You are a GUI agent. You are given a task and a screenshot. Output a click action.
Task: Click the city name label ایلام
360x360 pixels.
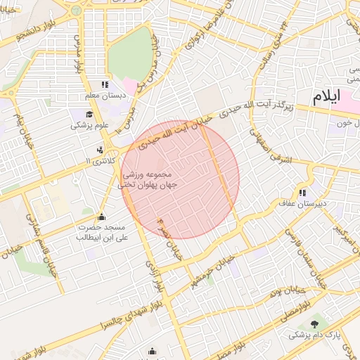(326, 95)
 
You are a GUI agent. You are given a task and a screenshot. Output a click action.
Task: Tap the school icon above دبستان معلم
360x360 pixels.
(105, 84)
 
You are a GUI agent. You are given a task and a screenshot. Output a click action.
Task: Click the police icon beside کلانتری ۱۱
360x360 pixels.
(100, 150)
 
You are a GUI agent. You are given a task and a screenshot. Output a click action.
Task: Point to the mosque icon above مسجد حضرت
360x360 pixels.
(103, 217)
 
